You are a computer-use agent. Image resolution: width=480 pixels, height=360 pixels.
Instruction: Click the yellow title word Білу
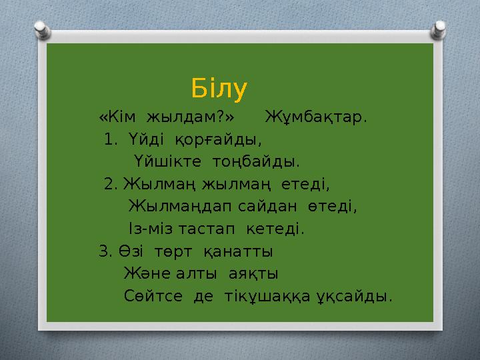tap(219, 87)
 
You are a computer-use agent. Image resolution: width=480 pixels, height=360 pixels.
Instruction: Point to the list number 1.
tap(111, 140)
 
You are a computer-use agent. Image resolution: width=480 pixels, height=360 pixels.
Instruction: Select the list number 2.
tap(111, 183)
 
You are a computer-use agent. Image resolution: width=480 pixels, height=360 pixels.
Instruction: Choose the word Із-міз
tap(146, 229)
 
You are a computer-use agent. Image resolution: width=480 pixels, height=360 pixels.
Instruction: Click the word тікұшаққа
tap(265, 296)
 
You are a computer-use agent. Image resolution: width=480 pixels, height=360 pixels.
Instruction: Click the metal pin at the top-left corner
tap(42, 29)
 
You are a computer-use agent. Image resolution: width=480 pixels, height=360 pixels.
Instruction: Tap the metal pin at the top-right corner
tap(439, 29)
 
